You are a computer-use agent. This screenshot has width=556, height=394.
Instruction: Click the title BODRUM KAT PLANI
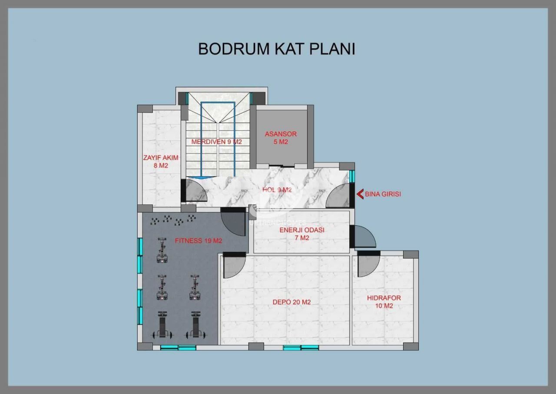277,49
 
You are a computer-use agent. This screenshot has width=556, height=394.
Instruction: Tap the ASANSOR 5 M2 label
281,138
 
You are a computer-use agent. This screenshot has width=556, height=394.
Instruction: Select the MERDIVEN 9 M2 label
216,142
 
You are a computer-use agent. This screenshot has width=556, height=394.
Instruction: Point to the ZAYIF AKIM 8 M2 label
161,161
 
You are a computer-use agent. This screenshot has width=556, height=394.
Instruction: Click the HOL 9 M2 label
277,190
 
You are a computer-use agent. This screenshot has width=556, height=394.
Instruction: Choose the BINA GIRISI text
383,194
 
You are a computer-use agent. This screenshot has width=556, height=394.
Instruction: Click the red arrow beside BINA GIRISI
360,194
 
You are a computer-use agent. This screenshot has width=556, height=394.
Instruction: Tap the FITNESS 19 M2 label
199,241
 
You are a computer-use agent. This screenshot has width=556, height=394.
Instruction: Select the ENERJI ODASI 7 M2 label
302,234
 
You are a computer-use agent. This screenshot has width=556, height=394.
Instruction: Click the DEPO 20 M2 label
291,302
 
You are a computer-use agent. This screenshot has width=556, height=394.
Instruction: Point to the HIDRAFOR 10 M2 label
384,302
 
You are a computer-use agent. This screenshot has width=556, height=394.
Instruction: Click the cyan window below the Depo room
301,347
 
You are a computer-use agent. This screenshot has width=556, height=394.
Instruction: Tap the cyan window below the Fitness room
178,347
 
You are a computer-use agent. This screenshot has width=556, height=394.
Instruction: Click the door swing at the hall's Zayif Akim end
196,190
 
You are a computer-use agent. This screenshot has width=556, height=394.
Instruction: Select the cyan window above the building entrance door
352,176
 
